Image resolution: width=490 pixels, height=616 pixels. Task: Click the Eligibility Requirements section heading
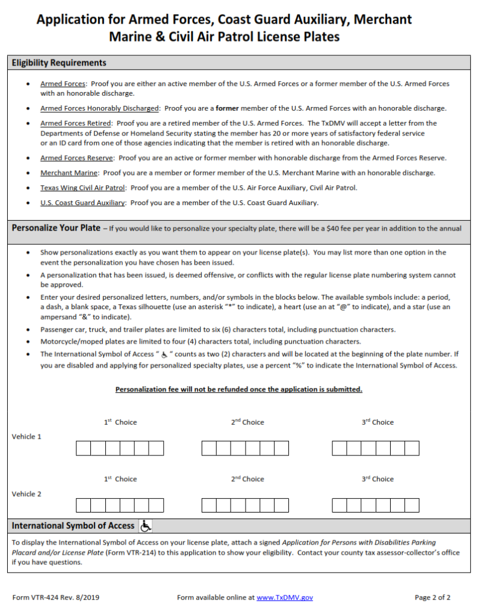pyautogui.click(x=59, y=63)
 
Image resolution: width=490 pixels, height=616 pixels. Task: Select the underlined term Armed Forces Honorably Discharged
pyautogui.click(x=99, y=108)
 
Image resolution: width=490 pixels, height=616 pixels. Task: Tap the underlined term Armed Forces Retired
pyautogui.click(x=76, y=123)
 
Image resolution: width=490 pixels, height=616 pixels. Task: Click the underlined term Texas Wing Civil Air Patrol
pyautogui.click(x=83, y=188)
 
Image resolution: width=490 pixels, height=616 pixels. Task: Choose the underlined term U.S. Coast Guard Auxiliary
pyautogui.click(x=82, y=203)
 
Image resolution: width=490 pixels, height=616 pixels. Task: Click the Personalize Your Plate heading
pyautogui.click(x=56, y=228)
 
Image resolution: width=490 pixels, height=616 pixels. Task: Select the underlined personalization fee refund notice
pyautogui.click(x=238, y=389)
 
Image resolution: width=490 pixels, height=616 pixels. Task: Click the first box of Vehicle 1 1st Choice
pyautogui.click(x=83, y=448)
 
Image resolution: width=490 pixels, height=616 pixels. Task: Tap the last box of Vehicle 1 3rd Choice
pyautogui.click(x=412, y=448)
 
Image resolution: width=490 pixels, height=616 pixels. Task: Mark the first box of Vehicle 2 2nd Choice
pyautogui.click(x=209, y=505)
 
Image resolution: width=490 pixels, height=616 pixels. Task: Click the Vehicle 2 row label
pyautogui.click(x=26, y=494)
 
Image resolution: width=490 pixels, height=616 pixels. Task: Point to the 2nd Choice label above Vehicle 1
pyautogui.click(x=247, y=422)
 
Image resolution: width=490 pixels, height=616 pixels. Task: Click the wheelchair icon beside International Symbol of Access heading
pyautogui.click(x=146, y=526)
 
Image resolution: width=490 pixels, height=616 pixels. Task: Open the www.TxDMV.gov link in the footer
pyautogui.click(x=285, y=597)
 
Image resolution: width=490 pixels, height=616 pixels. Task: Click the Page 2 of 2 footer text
pyautogui.click(x=432, y=597)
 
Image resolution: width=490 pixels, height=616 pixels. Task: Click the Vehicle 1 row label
pyautogui.click(x=26, y=437)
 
